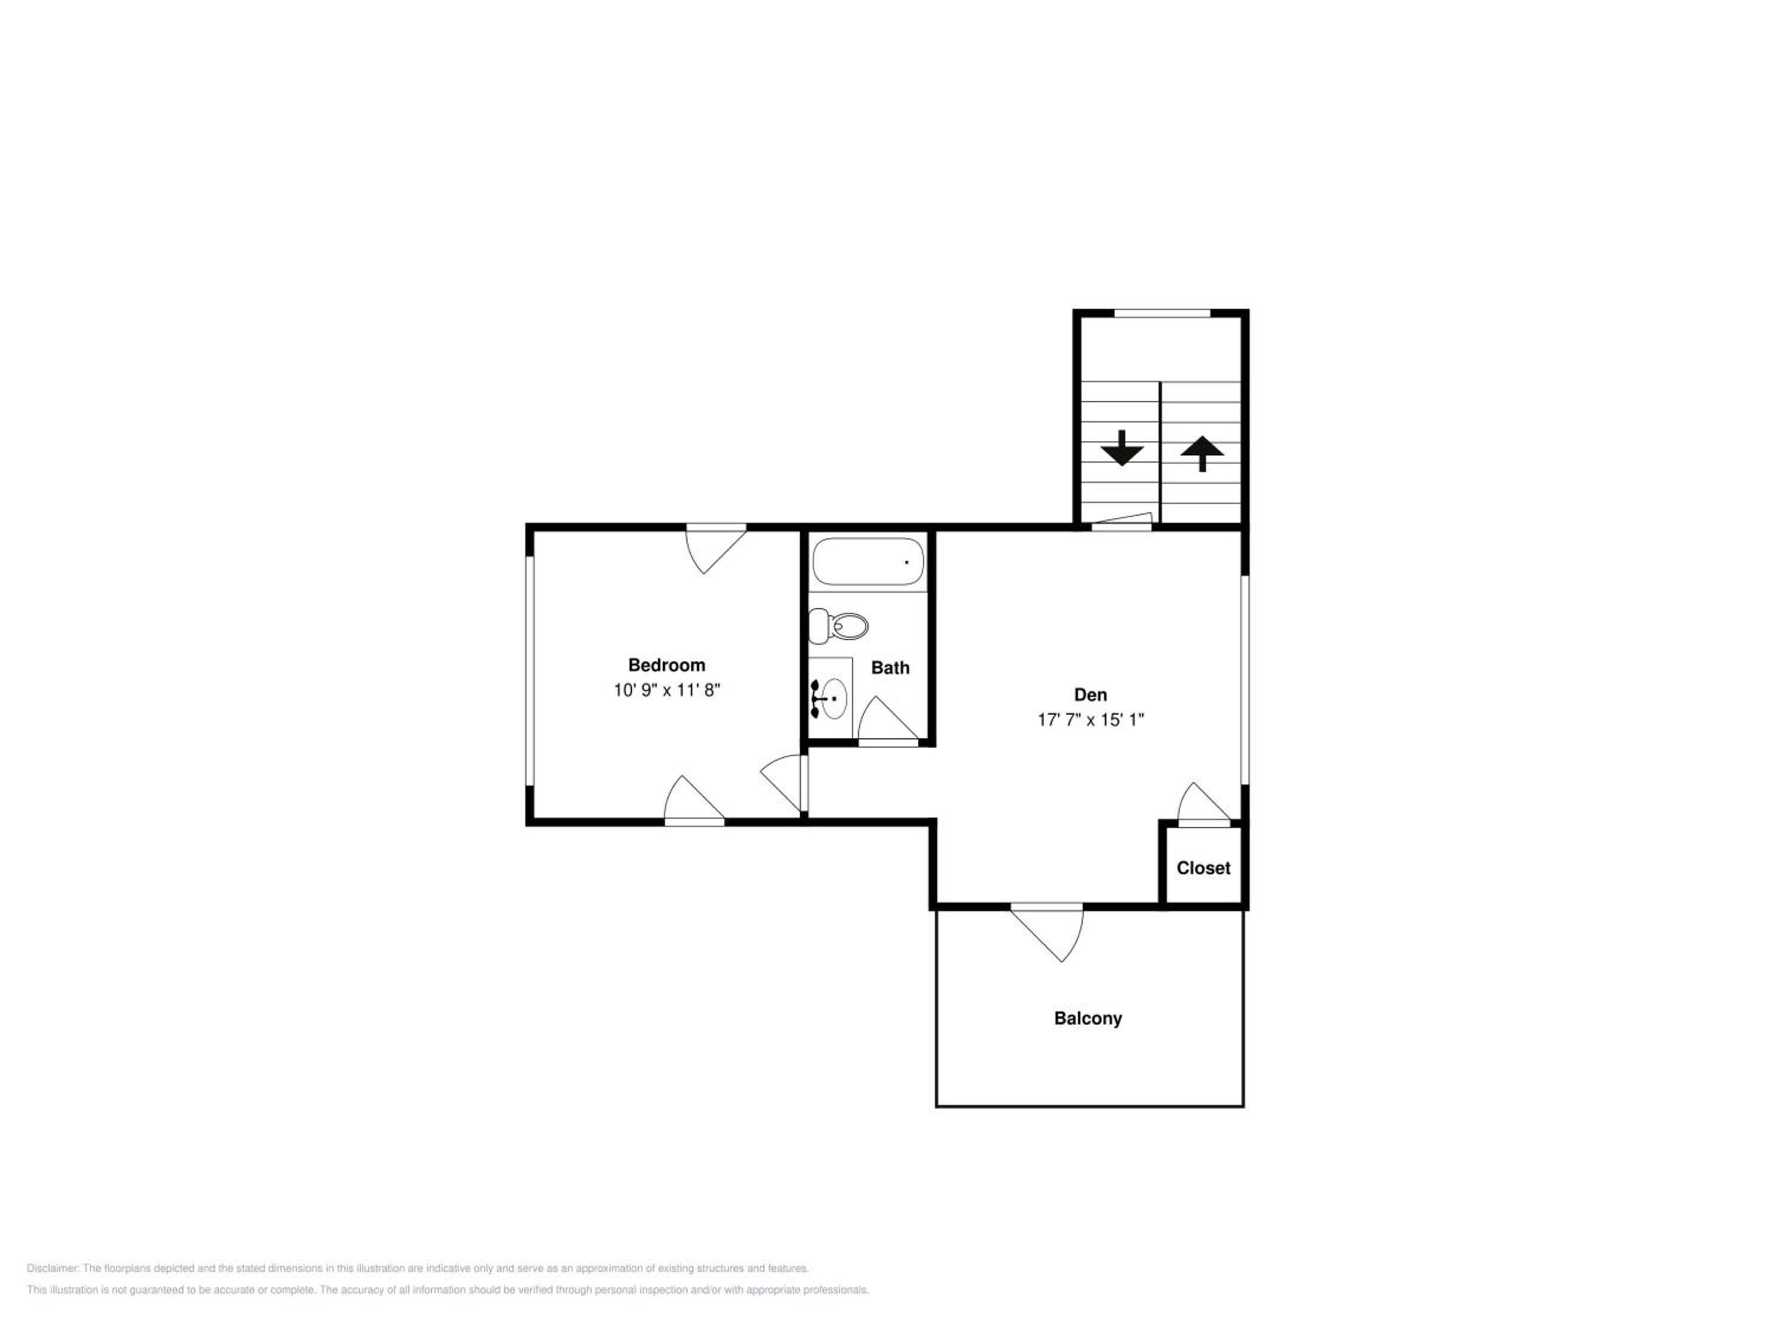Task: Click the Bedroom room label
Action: (666, 665)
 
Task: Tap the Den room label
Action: (1090, 695)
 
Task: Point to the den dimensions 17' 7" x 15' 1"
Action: (1090, 720)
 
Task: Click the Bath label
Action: (890, 667)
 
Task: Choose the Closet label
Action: (1203, 868)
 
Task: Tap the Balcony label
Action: (1087, 1019)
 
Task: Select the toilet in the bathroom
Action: (838, 626)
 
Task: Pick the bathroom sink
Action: (831, 698)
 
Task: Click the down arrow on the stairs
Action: (1121, 448)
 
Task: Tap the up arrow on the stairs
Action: (1202, 453)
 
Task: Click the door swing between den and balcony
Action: (1047, 932)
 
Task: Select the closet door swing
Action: (1203, 804)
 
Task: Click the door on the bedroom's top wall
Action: (716, 550)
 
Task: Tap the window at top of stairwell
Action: (1162, 313)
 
